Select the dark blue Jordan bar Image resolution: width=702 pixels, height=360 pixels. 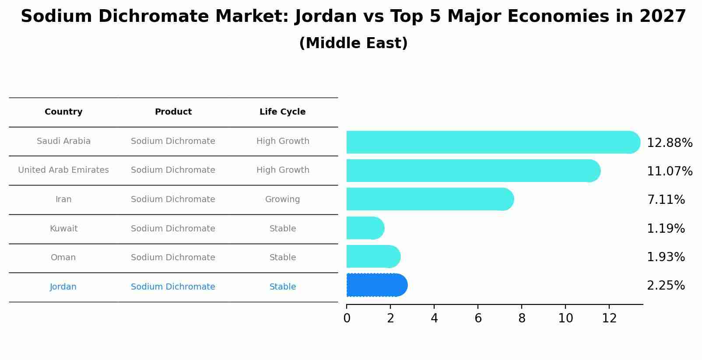(376, 285)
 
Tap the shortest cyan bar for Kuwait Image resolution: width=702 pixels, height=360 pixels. (365, 228)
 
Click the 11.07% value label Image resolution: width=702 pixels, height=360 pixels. (669, 171)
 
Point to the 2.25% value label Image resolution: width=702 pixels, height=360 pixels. (666, 286)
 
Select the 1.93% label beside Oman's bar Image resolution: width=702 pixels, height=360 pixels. (666, 257)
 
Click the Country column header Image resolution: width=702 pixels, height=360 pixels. (63, 112)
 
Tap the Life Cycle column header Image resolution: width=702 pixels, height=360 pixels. (282, 112)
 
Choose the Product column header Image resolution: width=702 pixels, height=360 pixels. (173, 112)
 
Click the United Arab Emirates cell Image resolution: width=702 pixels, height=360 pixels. (63, 170)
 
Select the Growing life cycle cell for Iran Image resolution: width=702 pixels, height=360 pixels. (282, 199)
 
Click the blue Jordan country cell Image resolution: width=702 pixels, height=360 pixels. (63, 287)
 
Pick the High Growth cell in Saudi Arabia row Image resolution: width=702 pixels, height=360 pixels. (283, 141)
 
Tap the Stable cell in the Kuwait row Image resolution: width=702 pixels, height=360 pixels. (283, 229)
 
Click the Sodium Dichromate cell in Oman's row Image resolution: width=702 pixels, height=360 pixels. (173, 258)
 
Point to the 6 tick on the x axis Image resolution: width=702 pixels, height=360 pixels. (478, 318)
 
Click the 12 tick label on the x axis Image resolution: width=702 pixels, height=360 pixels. (609, 318)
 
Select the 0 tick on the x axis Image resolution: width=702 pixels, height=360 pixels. (347, 318)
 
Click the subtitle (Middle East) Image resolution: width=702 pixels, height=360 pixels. (353, 43)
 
